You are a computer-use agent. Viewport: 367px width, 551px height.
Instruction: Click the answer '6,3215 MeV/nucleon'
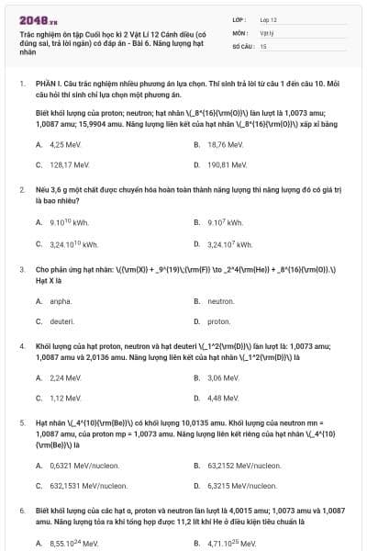(243, 486)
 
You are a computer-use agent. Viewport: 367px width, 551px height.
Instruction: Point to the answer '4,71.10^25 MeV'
(231, 544)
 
